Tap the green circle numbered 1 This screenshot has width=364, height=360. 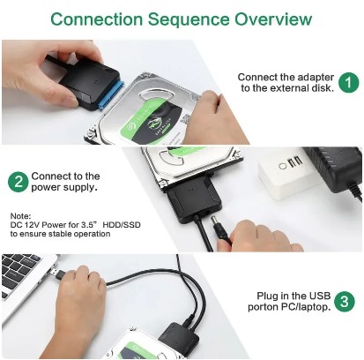click(x=349, y=83)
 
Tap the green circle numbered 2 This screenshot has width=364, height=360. click(x=17, y=182)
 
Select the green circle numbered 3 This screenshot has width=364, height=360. click(x=345, y=301)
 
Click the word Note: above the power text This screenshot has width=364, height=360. click(x=21, y=215)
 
